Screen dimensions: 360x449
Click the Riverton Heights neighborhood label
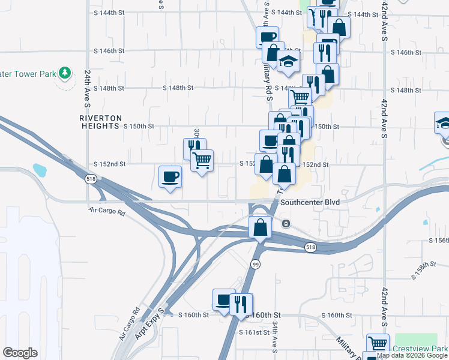(x=101, y=122)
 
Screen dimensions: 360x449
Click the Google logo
(x=20, y=353)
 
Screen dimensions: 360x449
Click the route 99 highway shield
(x=256, y=265)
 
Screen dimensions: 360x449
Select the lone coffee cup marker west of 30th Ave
(x=170, y=176)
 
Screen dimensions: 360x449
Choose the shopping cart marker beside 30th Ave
(x=202, y=160)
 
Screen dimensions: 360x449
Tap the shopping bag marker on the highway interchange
(x=260, y=227)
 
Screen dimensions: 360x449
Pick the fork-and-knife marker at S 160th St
(x=241, y=304)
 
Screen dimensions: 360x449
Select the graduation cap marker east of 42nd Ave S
(x=443, y=122)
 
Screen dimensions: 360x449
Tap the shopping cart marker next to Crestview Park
(x=378, y=344)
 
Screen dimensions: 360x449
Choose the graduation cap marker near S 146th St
(x=289, y=61)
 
